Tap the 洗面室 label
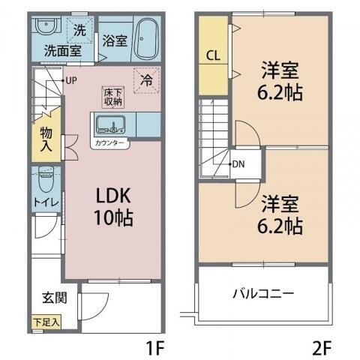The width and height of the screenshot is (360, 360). click(61, 52)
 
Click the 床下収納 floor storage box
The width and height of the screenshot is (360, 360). click(112, 96)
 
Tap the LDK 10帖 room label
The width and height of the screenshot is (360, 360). click(113, 207)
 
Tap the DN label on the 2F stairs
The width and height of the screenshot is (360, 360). click(238, 164)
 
